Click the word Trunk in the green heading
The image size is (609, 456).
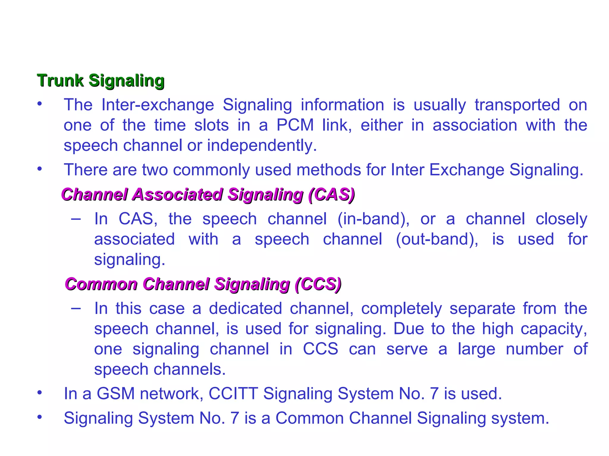(x=60, y=80)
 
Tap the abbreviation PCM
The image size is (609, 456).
(x=295, y=125)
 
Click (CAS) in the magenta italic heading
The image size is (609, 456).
(x=332, y=195)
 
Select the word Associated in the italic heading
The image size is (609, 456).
(x=177, y=195)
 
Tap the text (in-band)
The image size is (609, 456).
(x=373, y=219)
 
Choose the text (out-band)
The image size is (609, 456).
(x=437, y=239)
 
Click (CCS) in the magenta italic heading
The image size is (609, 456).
(x=318, y=284)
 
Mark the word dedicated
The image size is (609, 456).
(x=245, y=308)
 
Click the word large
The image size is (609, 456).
(x=476, y=349)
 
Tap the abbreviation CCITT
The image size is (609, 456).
(x=233, y=394)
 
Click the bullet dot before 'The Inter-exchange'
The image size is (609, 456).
(x=40, y=104)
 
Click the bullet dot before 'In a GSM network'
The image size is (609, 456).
(x=40, y=393)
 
